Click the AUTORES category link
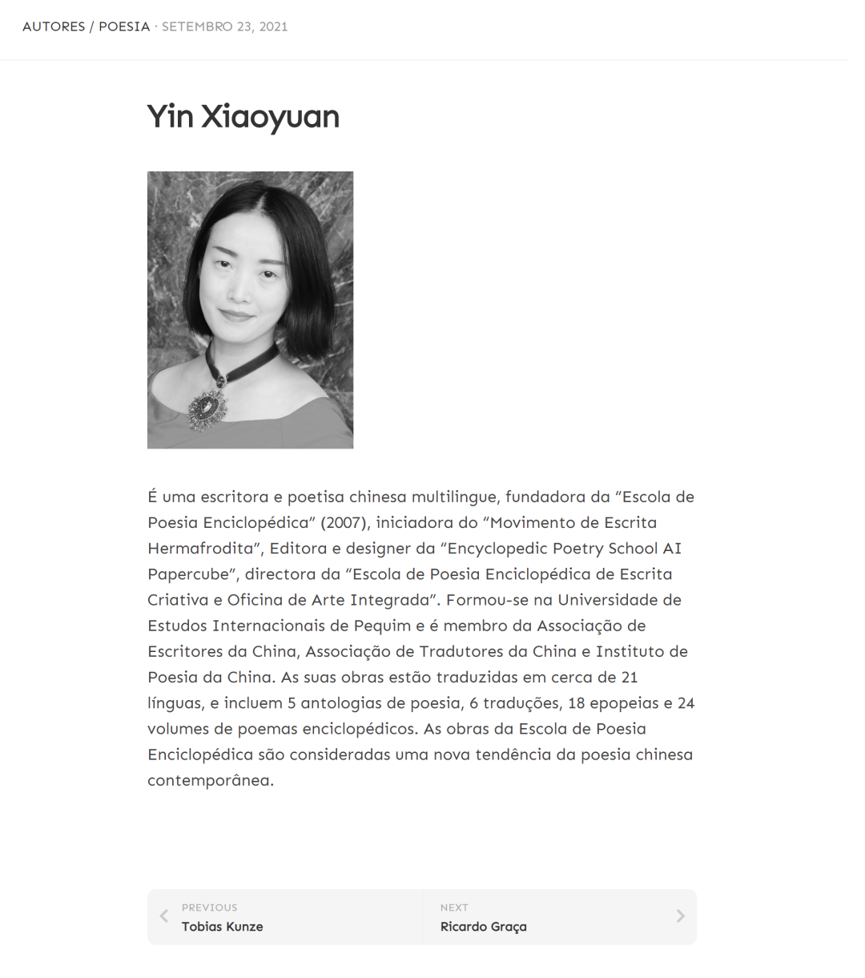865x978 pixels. point(54,26)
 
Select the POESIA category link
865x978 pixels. point(124,26)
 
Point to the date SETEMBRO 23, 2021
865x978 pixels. point(224,26)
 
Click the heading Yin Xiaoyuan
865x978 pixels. point(243,117)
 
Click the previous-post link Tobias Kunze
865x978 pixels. point(222,927)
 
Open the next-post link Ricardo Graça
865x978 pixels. point(484,927)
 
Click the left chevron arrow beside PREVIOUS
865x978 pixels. point(164,916)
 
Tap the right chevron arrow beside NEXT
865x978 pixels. point(680,916)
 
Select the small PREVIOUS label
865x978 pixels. point(209,908)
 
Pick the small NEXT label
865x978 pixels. point(454,908)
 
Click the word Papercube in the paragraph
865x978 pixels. point(188,574)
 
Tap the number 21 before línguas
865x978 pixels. point(630,678)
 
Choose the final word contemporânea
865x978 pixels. point(211,780)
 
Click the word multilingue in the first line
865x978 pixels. point(454,497)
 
